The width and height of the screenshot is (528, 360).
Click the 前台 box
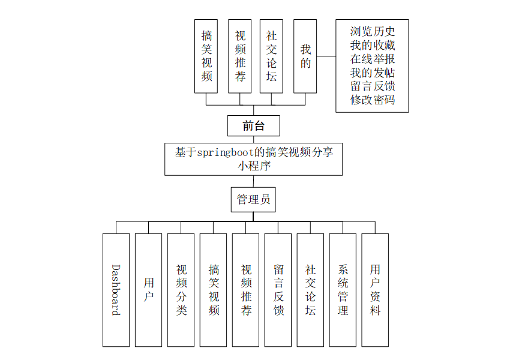pyautogui.click(x=253, y=126)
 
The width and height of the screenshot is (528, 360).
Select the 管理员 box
pyautogui.click(x=253, y=199)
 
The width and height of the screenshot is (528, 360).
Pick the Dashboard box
pyautogui.click(x=116, y=290)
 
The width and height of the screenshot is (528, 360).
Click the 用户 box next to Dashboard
pyautogui.click(x=148, y=290)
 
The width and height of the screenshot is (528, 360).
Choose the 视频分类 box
pyautogui.click(x=181, y=290)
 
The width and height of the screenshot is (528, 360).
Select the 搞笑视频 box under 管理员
pyautogui.click(x=213, y=290)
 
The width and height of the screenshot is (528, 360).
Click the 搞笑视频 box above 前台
pyautogui.click(x=206, y=56)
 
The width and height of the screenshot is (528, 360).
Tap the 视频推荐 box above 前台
pyautogui.click(x=240, y=56)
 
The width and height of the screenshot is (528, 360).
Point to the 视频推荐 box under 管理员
pyautogui.click(x=245, y=290)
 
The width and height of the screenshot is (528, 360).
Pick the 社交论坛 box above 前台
pyautogui.click(x=271, y=56)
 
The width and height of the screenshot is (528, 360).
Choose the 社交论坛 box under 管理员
pyautogui.click(x=310, y=290)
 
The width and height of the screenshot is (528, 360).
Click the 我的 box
pyautogui.click(x=305, y=56)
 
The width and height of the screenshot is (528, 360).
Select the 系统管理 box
pyautogui.click(x=343, y=290)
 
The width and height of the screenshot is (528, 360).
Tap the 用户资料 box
pyautogui.click(x=375, y=290)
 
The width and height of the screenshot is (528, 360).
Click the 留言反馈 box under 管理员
pyautogui.click(x=278, y=290)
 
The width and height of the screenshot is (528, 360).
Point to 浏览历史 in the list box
pyautogui.click(x=372, y=31)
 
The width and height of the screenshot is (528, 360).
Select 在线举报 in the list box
pyautogui.click(x=372, y=59)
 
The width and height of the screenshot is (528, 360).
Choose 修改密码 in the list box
pyautogui.click(x=372, y=100)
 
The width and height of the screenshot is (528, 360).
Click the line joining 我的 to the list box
pyautogui.click(x=326, y=56)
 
